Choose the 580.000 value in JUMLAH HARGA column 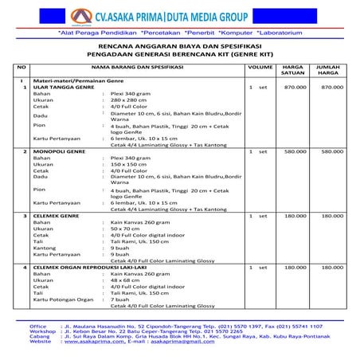tap(331, 151)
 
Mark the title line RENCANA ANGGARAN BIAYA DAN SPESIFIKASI tap(181, 48)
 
